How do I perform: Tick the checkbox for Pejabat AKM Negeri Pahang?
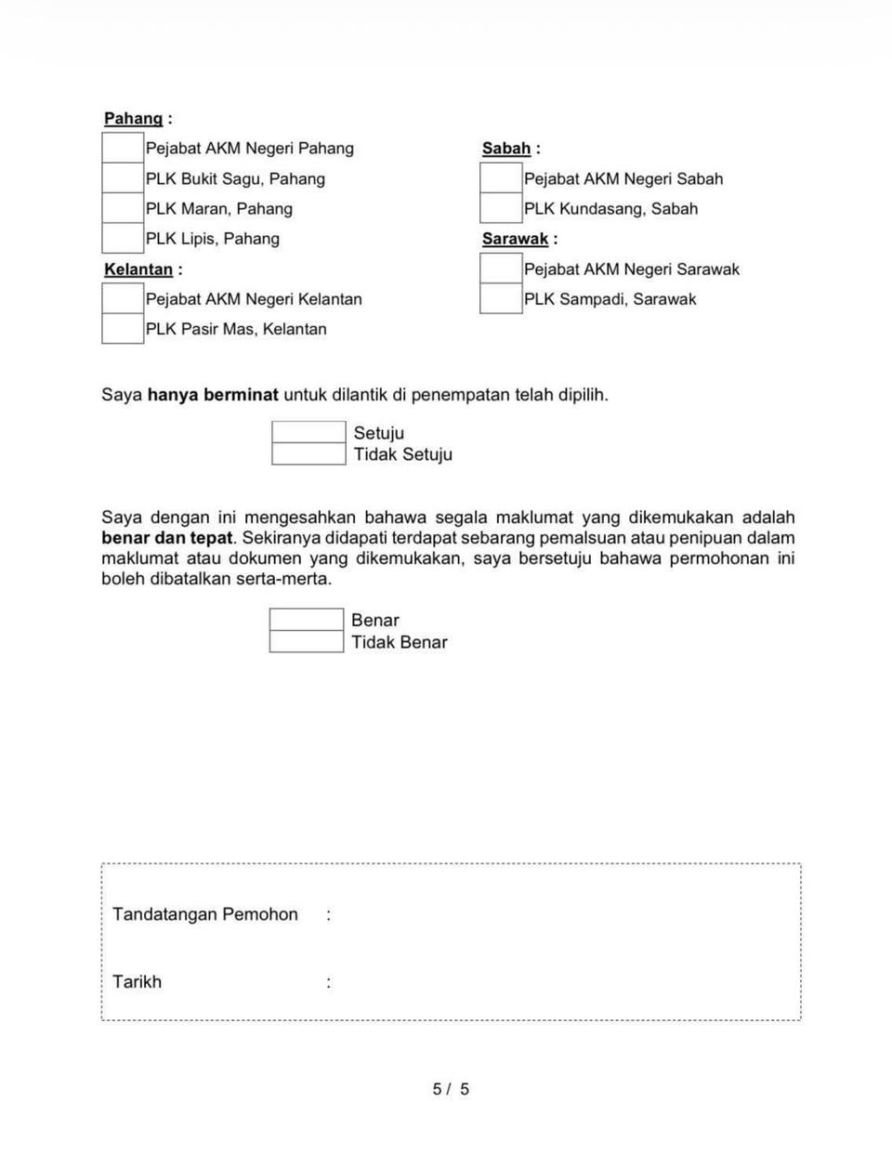click(x=123, y=148)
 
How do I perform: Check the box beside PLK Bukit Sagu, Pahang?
click(x=123, y=178)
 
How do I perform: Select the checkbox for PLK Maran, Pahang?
click(x=123, y=208)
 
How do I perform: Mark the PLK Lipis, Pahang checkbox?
click(x=123, y=238)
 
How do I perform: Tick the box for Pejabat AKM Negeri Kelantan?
click(x=123, y=298)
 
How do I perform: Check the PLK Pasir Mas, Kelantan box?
click(x=123, y=329)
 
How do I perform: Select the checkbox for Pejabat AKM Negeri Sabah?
click(x=501, y=178)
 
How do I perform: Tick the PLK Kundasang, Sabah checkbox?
click(x=501, y=208)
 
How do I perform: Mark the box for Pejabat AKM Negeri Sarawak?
click(x=501, y=269)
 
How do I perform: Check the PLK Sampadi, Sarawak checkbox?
click(x=501, y=298)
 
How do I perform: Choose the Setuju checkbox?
click(x=308, y=432)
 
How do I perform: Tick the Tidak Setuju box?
click(x=308, y=453)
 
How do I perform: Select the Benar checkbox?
click(x=307, y=620)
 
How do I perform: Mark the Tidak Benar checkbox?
click(x=307, y=641)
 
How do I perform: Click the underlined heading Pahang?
click(x=133, y=118)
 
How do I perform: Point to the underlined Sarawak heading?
click(x=515, y=239)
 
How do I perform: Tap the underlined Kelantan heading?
click(x=138, y=269)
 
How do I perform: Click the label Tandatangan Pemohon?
click(x=205, y=914)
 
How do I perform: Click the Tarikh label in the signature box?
click(x=137, y=981)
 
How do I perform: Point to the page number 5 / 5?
click(x=451, y=1089)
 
